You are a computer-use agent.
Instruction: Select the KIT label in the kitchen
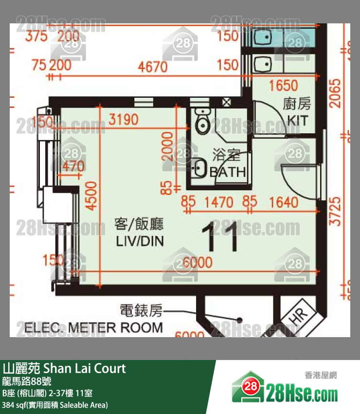tap(298, 120)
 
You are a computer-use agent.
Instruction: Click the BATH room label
tap(227, 172)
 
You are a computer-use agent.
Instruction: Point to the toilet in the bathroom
tap(201, 121)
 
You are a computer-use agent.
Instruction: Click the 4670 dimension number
tap(153, 66)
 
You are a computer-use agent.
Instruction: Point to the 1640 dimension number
tap(283, 201)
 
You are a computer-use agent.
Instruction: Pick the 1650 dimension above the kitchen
tap(283, 86)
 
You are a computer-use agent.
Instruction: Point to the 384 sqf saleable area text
tap(55, 405)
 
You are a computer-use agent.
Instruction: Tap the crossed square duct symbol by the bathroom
tap(227, 103)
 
